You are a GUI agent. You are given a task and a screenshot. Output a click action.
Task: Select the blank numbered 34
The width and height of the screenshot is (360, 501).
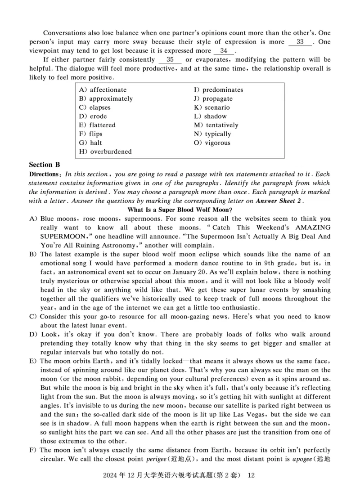pos(224,51)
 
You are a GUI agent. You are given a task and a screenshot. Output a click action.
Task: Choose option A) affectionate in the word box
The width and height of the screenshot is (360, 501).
pos(103,90)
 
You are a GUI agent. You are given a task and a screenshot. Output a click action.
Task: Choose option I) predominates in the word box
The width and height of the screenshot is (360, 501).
pos(218,90)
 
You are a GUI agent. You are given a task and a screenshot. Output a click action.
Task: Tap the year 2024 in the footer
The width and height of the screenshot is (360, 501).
pos(111,476)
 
